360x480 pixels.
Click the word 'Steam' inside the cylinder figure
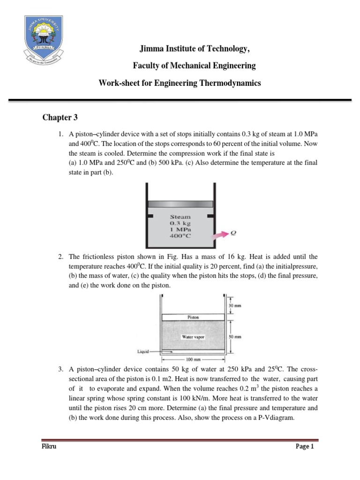[x=180, y=217]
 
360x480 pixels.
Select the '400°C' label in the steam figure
[x=180, y=237]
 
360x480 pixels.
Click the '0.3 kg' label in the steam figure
[x=180, y=224]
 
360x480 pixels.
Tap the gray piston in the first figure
[x=180, y=204]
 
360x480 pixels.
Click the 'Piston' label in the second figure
[x=193, y=317]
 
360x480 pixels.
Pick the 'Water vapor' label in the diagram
[x=193, y=337]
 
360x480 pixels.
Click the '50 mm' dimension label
[x=235, y=337]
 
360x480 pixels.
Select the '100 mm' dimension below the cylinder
[x=193, y=360]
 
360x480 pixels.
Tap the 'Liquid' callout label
[x=142, y=351]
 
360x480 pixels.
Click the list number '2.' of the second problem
[x=61, y=257]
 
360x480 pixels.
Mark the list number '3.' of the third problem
[x=61, y=369]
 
